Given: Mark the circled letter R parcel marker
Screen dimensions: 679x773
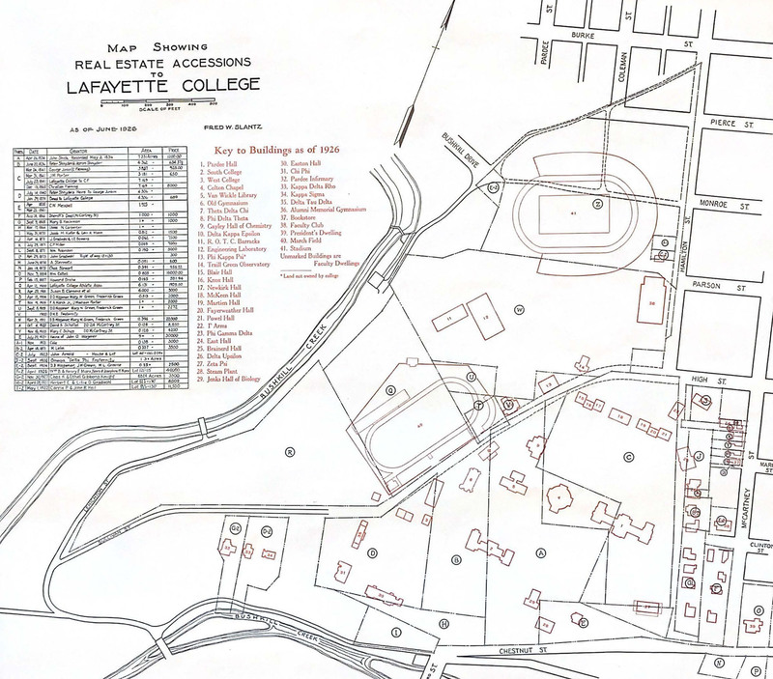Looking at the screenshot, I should click(289, 450).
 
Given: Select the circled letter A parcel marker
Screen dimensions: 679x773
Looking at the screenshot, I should click(541, 552).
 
